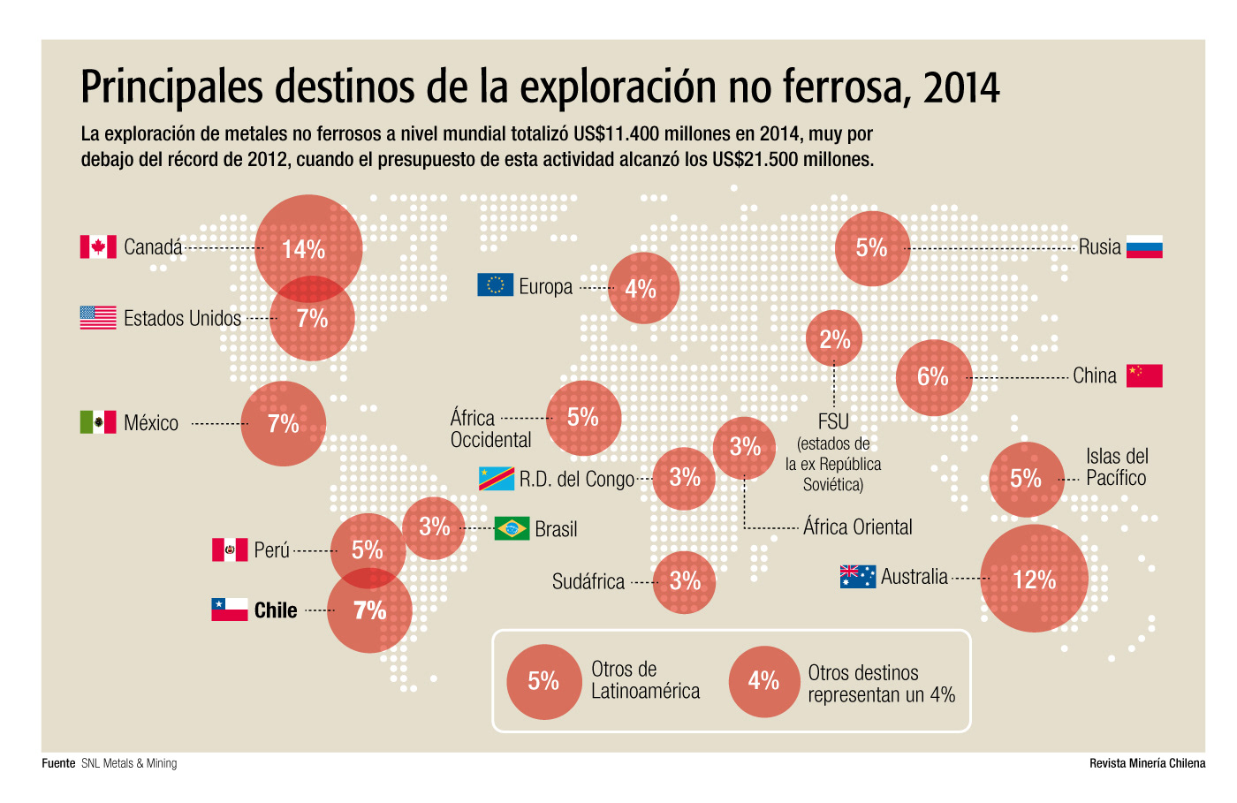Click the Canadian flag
point(98,246)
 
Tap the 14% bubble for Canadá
point(308,248)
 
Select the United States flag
point(98,318)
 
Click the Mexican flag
point(98,422)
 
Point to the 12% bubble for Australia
point(1034,579)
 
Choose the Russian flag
point(1144,247)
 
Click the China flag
point(1144,375)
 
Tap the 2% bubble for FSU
point(834,338)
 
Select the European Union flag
point(496,284)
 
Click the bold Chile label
point(276,610)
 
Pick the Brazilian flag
point(512,528)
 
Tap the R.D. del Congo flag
point(497,479)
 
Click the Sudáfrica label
point(588,581)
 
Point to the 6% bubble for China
point(934,377)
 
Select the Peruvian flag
point(230,549)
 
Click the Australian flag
point(858,577)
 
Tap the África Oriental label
point(857,527)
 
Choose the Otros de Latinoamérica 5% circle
point(543,681)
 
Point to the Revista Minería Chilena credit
point(1147,763)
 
